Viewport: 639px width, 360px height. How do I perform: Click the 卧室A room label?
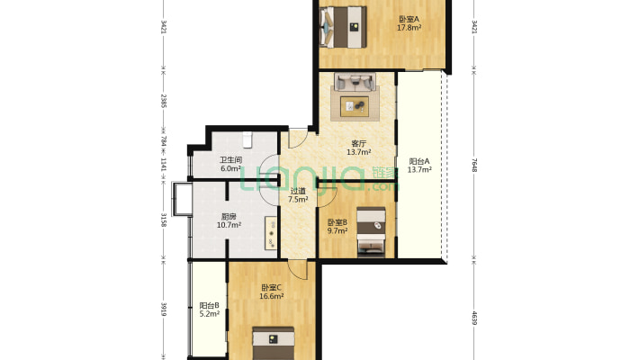point(409,19)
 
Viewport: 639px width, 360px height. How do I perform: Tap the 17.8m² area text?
point(409,28)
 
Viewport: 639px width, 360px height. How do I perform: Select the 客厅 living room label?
point(358,143)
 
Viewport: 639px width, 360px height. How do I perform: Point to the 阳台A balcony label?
point(419,161)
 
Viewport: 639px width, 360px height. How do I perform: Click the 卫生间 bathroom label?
point(231,160)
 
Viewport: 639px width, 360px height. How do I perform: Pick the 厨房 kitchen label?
point(229,217)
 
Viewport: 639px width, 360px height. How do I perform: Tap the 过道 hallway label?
point(298,191)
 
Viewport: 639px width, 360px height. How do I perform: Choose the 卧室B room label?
point(337,222)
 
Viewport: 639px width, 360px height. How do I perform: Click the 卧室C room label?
point(272,287)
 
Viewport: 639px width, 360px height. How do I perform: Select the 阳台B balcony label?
point(210,305)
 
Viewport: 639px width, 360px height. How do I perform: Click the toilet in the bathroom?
point(247,139)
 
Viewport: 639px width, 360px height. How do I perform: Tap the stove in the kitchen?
point(272,233)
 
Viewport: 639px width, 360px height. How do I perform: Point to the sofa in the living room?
point(355,81)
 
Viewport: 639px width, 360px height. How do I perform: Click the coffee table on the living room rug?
point(355,106)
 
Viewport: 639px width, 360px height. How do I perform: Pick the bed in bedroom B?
point(371,232)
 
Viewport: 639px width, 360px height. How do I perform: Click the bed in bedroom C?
point(273,343)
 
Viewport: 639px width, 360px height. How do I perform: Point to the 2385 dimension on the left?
point(164,101)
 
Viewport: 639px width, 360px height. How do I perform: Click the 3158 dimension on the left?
point(164,220)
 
